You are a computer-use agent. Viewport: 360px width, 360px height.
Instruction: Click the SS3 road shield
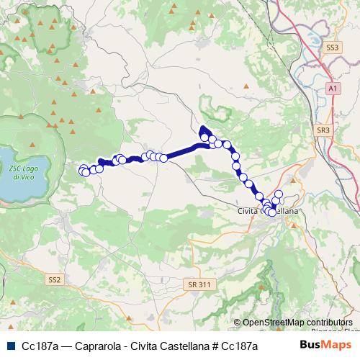[x=332, y=48]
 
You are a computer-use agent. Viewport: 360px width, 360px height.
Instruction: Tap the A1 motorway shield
[x=332, y=88]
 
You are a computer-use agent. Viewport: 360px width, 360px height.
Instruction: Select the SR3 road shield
[x=323, y=130]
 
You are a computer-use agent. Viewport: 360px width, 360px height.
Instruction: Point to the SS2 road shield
[x=55, y=278]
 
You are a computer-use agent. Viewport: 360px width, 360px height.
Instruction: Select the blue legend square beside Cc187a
[x=9, y=346]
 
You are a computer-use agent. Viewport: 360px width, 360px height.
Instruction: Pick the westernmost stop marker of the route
[x=81, y=170]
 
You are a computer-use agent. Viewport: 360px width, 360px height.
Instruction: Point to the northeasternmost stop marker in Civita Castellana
[x=279, y=194]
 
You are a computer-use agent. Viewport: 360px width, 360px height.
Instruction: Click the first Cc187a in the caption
[x=39, y=346]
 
